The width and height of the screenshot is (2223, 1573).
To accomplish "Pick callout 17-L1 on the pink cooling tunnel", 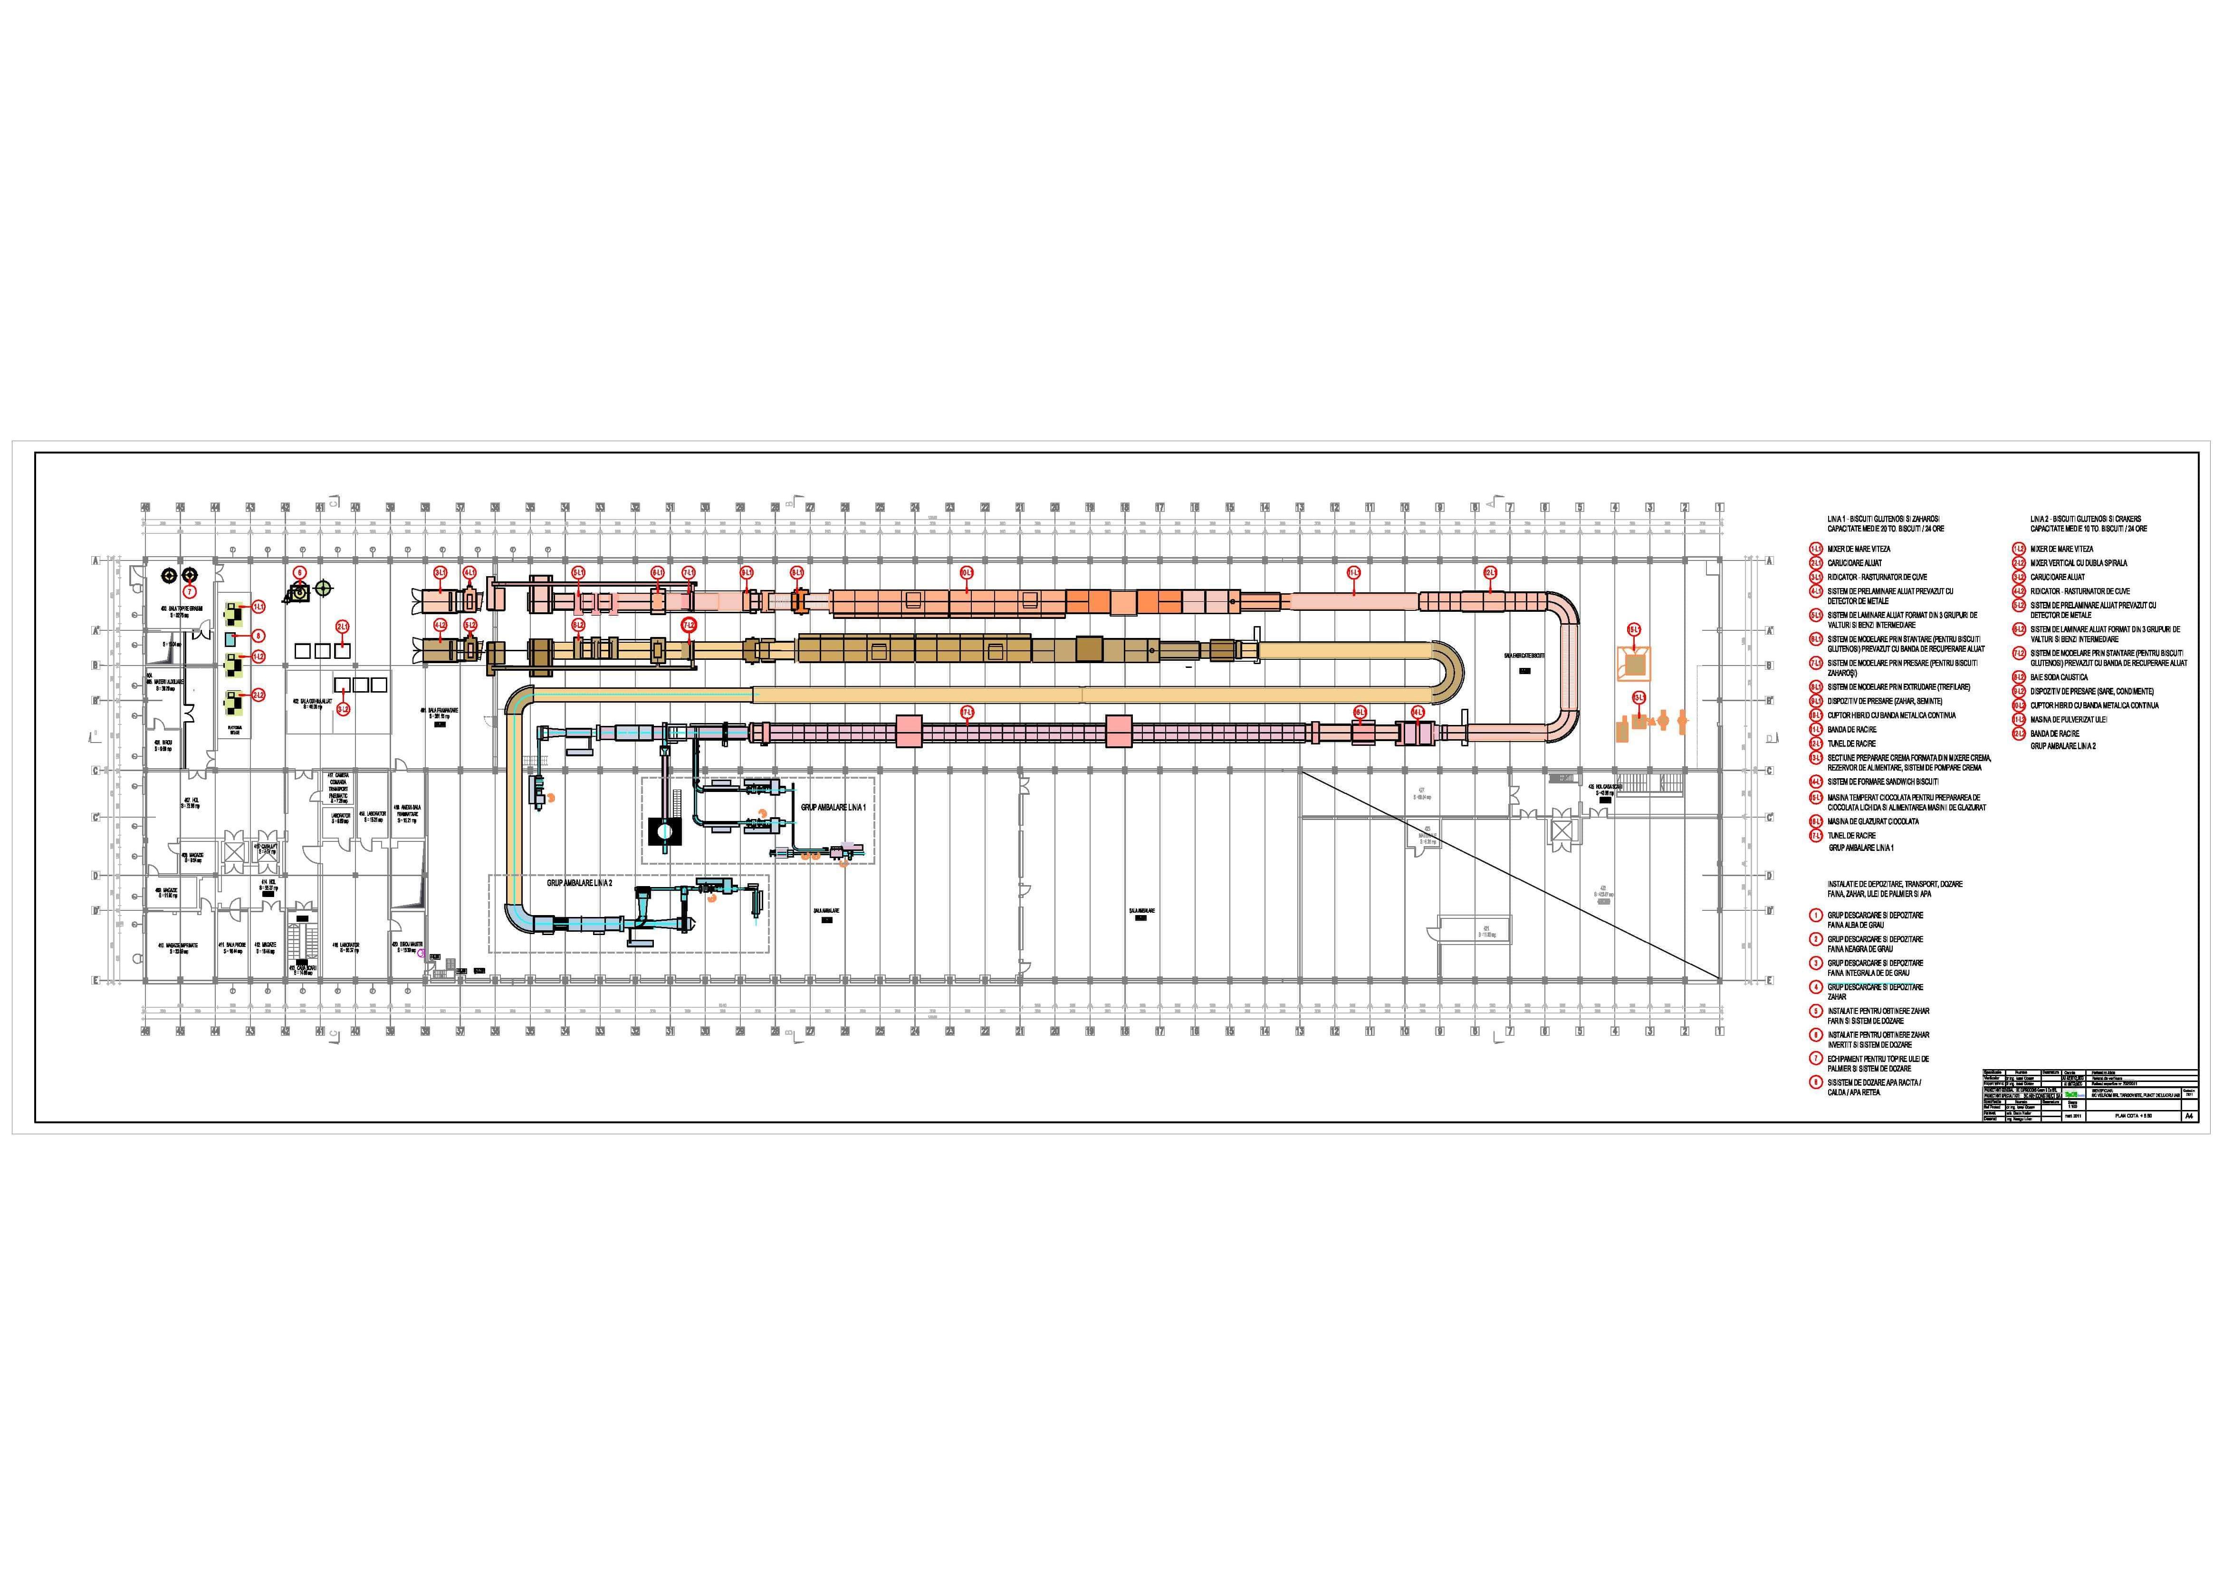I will pyautogui.click(x=967, y=712).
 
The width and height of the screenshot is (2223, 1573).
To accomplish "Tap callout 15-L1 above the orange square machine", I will pyautogui.click(x=1634, y=629).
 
